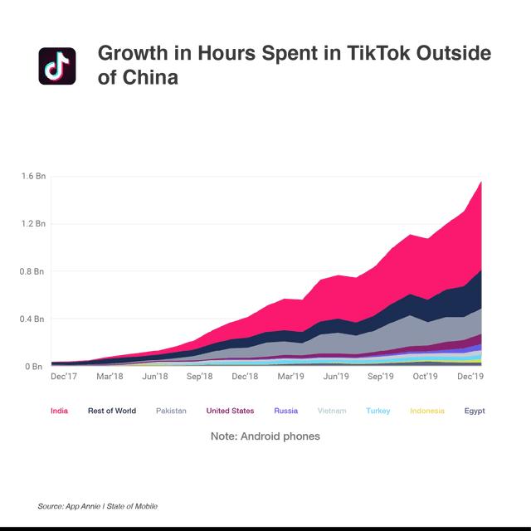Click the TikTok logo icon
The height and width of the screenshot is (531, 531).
[56, 66]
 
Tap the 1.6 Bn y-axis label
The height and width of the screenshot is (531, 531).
[34, 176]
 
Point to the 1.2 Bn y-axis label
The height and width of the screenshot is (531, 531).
[34, 224]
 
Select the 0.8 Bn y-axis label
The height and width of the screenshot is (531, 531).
[34, 271]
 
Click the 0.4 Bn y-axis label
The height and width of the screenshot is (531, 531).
[34, 319]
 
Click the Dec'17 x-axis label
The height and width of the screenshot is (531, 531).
[65, 377]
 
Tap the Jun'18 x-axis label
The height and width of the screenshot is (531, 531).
[155, 377]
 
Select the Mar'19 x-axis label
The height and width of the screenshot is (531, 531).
[290, 377]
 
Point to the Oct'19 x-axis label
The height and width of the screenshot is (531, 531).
[426, 377]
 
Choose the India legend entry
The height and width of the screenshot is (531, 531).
[60, 411]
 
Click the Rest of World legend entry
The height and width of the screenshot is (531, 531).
[112, 411]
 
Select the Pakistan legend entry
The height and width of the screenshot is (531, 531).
[171, 411]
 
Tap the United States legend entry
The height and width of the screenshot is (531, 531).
[230, 411]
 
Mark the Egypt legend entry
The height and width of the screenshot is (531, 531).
[475, 411]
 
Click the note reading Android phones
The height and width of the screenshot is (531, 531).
[265, 436]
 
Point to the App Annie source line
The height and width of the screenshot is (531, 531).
[97, 506]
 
